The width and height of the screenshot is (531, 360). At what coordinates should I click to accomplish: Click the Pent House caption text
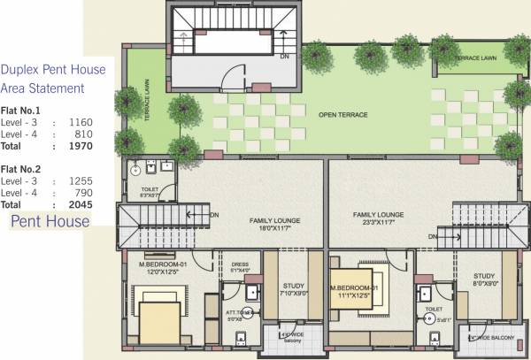pos(50,221)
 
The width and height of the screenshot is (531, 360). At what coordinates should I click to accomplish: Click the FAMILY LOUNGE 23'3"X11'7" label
pos(378,219)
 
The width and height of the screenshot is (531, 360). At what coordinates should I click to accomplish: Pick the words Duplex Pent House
pos(53,70)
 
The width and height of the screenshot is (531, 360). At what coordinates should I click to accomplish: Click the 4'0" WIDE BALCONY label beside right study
pos(492,337)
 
